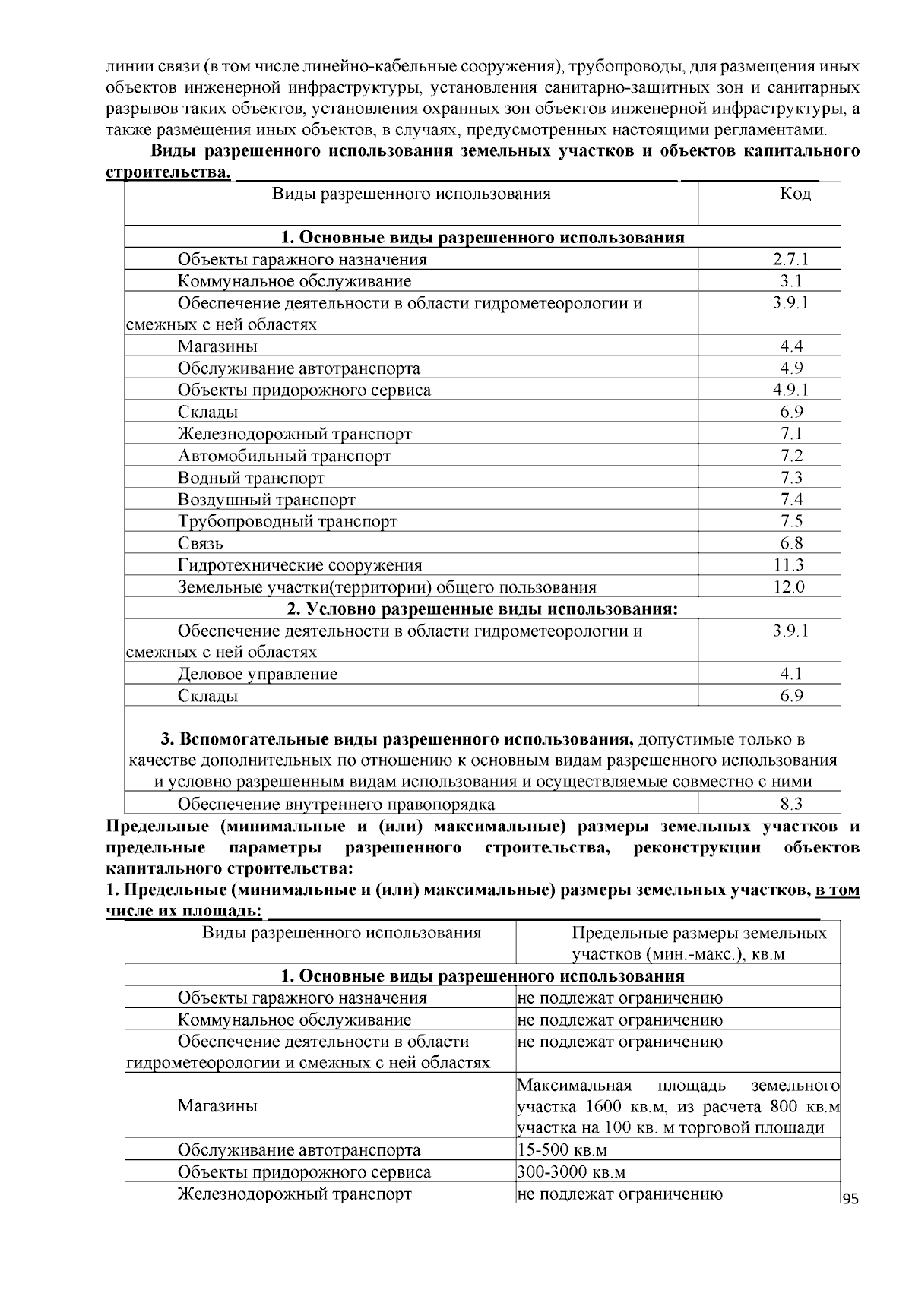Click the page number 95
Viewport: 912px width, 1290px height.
pos(850,1199)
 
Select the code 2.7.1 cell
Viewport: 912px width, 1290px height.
pos(791,259)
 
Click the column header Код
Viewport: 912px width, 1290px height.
pos(795,194)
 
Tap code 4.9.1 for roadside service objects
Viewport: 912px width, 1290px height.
pos(791,390)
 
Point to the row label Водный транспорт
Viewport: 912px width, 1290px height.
pos(251,478)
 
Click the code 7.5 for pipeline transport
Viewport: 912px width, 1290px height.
pos(791,521)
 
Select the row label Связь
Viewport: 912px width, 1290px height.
pos(200,543)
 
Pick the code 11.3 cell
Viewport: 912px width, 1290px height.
pos(790,565)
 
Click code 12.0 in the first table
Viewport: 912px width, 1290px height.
pos(790,587)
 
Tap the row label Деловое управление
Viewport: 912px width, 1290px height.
pos(258,674)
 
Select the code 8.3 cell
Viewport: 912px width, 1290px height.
pos(791,804)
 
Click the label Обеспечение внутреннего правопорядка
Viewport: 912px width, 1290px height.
pos(336,804)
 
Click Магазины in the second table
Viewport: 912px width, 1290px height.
pos(217,1105)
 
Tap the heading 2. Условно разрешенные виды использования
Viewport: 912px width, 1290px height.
pos(482,609)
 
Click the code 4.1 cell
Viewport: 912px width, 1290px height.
pos(791,674)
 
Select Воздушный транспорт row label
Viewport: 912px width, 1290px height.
pos(266,500)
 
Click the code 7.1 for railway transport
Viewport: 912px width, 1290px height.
pos(791,434)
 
